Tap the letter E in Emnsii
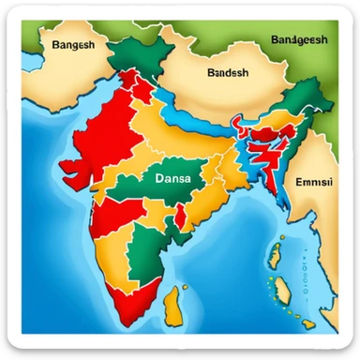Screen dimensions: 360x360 pyautogui.click(x=299, y=183)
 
